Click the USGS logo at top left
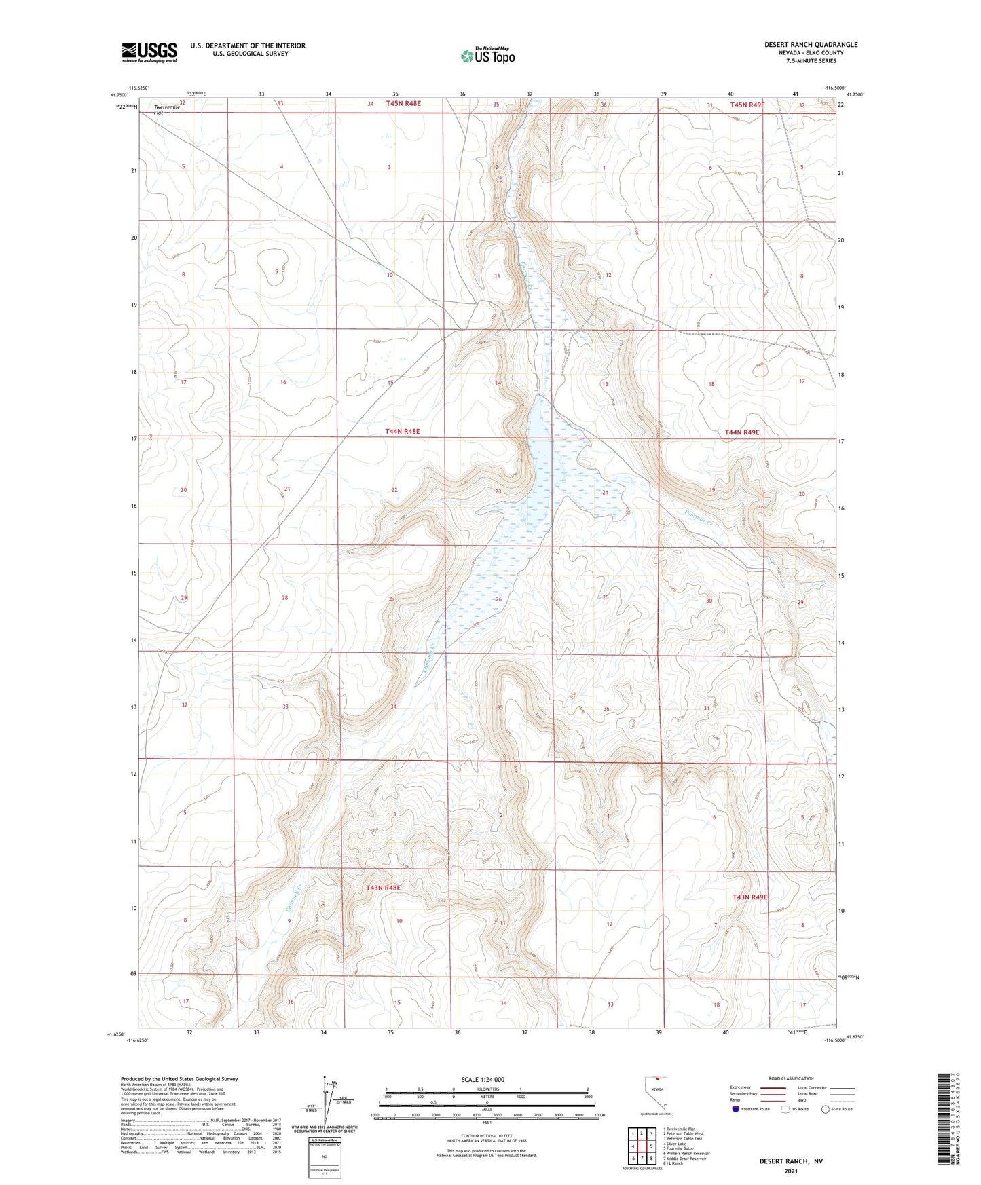[x=149, y=52]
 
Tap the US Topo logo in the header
[x=488, y=56]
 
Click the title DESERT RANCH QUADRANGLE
[x=811, y=45]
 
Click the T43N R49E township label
[x=749, y=897]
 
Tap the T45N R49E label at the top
[x=747, y=105]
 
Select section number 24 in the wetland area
[x=605, y=492]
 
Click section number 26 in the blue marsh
[x=498, y=599]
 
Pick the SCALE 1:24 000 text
[x=483, y=1079]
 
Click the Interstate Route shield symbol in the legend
[x=736, y=1109]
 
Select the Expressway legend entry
[x=741, y=1087]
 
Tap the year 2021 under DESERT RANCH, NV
[x=791, y=1171]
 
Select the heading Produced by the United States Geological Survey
[x=179, y=1078]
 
